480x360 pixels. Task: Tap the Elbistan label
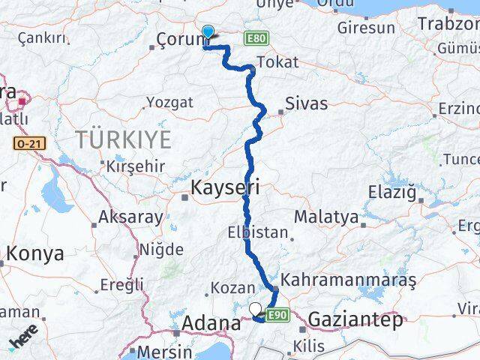(258, 232)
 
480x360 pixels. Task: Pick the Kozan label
(229, 287)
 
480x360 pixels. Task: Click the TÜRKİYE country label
(123, 139)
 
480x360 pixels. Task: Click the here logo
(24, 338)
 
